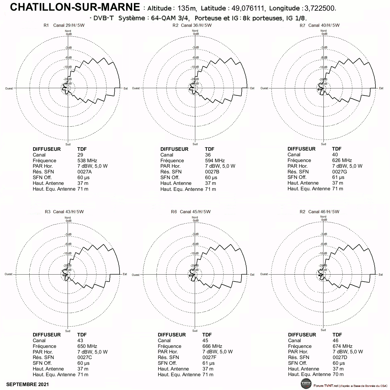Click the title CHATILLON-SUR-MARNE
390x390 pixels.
75,7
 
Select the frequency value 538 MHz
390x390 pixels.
87,160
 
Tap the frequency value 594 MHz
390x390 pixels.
215,160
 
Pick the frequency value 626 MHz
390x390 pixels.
342,160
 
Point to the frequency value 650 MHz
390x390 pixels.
87,346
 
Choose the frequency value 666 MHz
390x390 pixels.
212,346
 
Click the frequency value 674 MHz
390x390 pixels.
342,346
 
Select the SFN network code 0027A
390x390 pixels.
84,172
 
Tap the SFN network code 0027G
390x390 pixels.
340,172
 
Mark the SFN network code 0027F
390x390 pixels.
209,357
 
